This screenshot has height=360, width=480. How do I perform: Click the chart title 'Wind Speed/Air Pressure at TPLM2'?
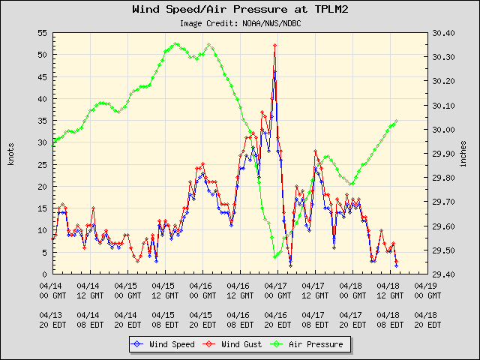[x=240, y=10]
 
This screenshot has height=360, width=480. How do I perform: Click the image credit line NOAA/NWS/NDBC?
[x=240, y=23]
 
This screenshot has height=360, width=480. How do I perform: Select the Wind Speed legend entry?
[x=163, y=344]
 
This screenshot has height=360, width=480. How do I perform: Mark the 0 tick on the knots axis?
[x=44, y=274]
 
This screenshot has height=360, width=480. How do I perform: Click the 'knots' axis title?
[x=11, y=154]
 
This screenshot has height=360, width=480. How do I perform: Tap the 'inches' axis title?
[x=465, y=154]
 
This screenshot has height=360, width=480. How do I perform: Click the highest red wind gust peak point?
[x=275, y=45]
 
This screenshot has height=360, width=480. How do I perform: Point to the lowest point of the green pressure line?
[x=275, y=256]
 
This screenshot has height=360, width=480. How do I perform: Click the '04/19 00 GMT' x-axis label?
[x=426, y=290]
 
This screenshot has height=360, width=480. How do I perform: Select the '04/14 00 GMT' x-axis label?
[x=51, y=290]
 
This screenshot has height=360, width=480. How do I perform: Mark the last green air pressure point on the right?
[x=396, y=121]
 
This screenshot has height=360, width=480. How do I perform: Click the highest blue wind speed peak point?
[x=275, y=72]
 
